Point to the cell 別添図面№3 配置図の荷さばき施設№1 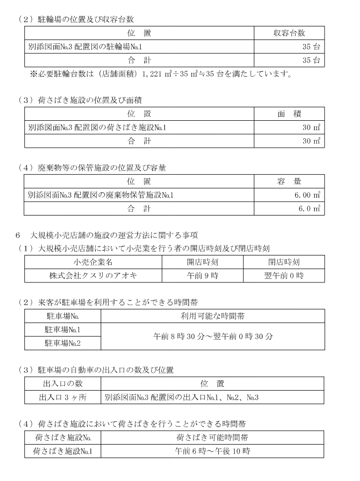click(97, 128)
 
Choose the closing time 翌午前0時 click(284, 275)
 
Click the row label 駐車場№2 click(63, 343)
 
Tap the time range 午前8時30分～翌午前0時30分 click(213, 336)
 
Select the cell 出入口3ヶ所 click(63, 397)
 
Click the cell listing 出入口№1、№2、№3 click(181, 397)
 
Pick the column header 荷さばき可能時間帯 click(212, 438)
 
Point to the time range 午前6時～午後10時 click(212, 451)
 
